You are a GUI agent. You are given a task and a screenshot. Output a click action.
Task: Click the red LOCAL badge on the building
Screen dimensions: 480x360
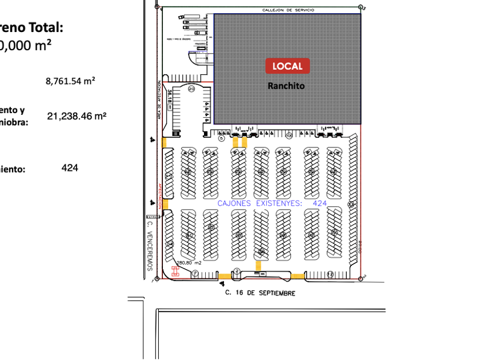(x=287, y=66)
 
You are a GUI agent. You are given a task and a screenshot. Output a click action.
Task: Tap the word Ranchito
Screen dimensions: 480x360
(x=286, y=86)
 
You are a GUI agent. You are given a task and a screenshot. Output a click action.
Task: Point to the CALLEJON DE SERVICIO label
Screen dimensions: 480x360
(x=288, y=10)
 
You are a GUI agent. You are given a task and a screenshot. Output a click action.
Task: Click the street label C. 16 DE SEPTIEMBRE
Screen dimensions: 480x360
(x=261, y=293)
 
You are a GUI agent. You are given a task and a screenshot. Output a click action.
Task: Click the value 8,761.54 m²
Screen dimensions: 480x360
(x=70, y=81)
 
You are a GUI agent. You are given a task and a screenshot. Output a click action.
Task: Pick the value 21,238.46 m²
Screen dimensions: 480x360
(x=77, y=117)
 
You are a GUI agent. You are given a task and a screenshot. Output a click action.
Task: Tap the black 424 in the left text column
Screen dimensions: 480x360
(x=70, y=168)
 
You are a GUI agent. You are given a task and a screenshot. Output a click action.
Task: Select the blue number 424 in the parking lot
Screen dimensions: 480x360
(x=319, y=203)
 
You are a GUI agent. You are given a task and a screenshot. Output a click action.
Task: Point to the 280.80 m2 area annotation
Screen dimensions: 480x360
(x=189, y=263)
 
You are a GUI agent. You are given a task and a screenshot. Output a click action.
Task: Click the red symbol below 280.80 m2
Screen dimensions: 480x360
(x=175, y=271)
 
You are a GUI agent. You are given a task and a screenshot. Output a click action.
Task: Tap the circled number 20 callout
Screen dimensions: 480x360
(x=191, y=89)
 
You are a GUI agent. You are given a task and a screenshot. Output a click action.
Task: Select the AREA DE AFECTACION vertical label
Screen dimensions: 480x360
(x=160, y=100)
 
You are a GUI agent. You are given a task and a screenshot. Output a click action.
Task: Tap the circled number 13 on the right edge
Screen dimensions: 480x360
(x=351, y=204)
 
